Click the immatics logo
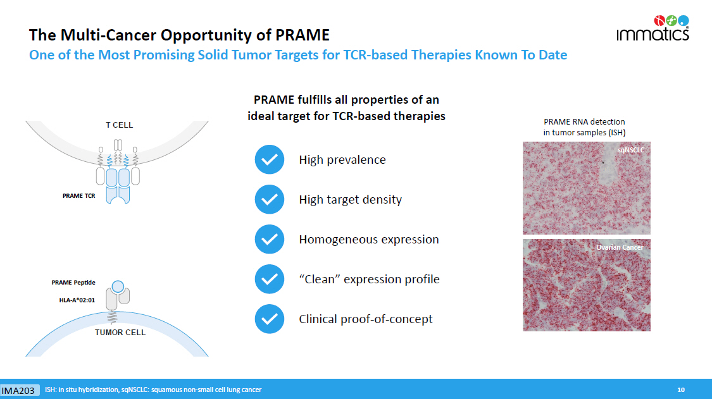point(653,28)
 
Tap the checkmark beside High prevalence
point(269,159)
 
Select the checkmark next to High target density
point(269,199)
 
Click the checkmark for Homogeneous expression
point(269,239)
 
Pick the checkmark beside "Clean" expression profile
point(269,279)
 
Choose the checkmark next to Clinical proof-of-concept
point(269,319)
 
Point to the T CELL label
point(120,125)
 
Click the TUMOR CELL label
point(120,332)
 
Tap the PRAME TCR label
point(79,195)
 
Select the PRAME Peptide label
point(73,283)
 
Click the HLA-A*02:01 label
point(77,300)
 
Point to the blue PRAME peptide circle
point(118,286)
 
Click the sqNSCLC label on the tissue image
point(631,150)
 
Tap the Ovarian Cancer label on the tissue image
point(620,247)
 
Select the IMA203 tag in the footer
point(18,390)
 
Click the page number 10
point(681,390)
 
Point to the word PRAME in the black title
point(303,35)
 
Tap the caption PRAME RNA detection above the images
point(584,121)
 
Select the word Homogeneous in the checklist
point(336,240)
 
